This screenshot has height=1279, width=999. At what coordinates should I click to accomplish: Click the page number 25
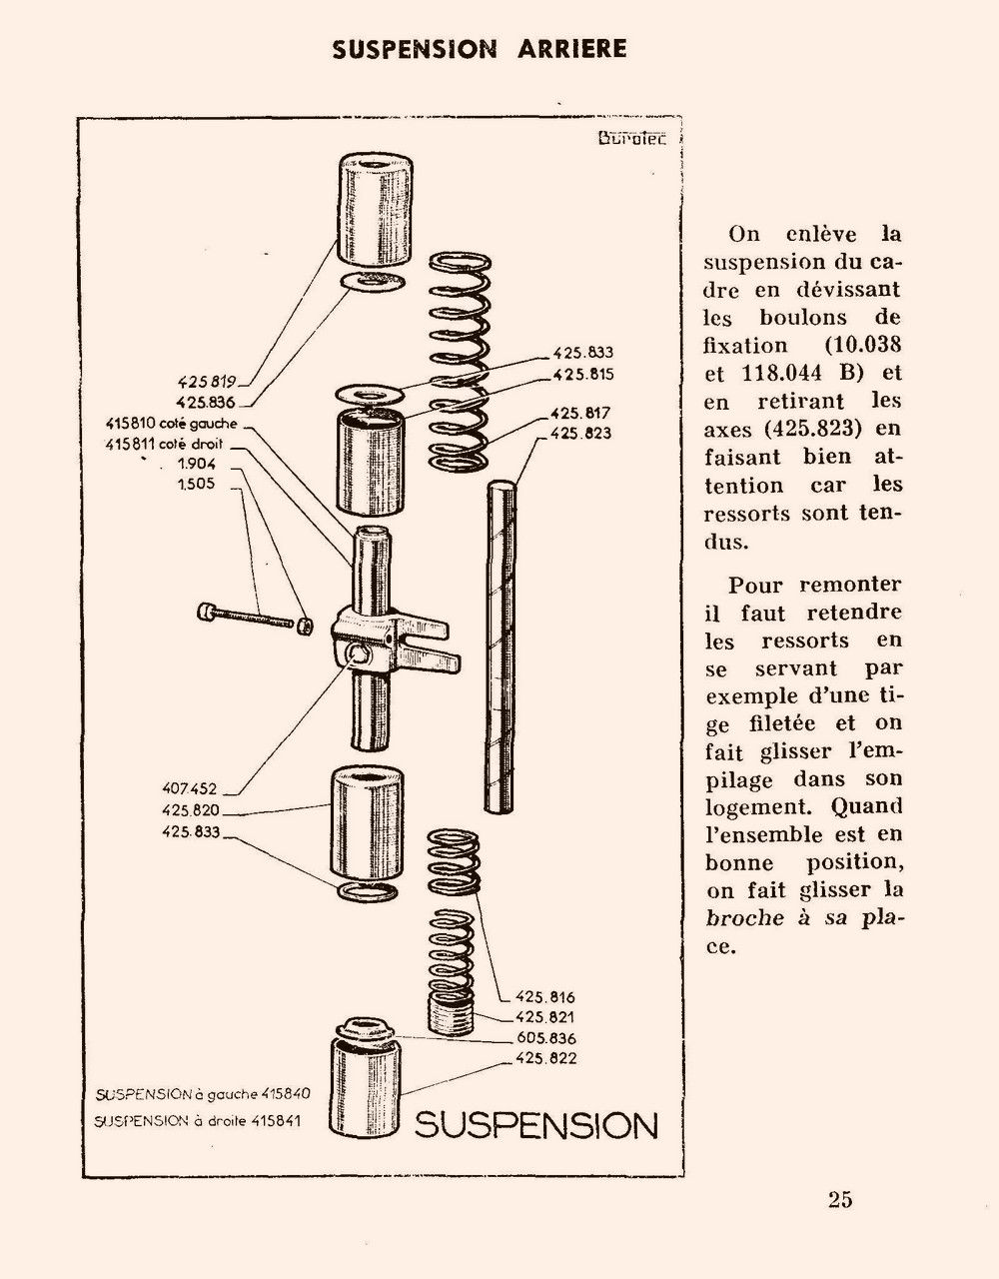pos(839,1199)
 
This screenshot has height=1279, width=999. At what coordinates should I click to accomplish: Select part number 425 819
pos(206,381)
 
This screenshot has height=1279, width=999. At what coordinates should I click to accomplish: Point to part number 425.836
pos(206,402)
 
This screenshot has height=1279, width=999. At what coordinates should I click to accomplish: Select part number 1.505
pos(196,485)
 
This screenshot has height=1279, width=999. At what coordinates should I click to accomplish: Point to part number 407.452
pos(189,788)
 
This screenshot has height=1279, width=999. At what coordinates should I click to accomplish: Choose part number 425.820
pos(189,809)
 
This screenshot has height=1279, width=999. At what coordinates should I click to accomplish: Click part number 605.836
pos(546,1038)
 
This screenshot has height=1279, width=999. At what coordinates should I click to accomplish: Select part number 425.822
pos(546,1058)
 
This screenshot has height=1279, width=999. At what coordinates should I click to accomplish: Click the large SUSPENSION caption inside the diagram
pos(535,1125)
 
